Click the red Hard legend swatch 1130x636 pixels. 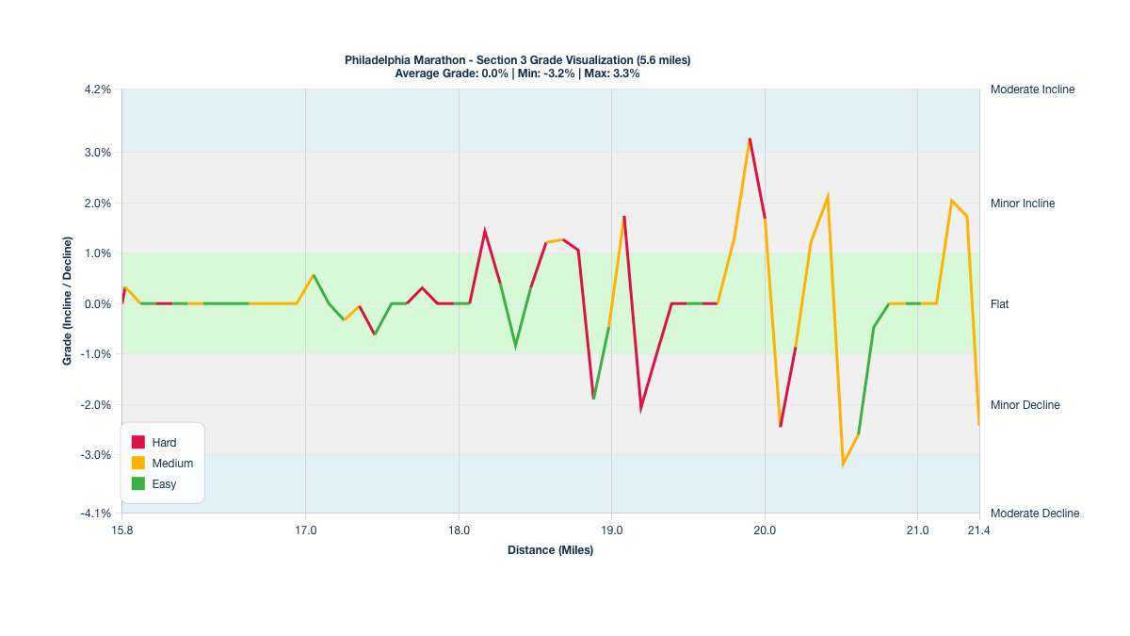[137, 442]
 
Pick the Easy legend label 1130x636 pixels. [164, 484]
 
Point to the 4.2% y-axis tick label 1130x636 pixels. [97, 90]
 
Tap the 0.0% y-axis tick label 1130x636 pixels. [97, 304]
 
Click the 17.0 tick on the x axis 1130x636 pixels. [305, 530]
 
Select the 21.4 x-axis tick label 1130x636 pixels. [979, 530]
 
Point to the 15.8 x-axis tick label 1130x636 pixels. [122, 530]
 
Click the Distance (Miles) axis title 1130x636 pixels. [550, 550]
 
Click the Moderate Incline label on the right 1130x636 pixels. [1032, 90]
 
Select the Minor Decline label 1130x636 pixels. [1025, 405]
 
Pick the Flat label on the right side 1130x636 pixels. [1000, 304]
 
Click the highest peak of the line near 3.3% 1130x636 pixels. [750, 139]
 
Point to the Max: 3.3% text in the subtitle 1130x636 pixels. [612, 73]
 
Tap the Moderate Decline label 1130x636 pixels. [1035, 514]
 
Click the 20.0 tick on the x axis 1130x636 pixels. [765, 530]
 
